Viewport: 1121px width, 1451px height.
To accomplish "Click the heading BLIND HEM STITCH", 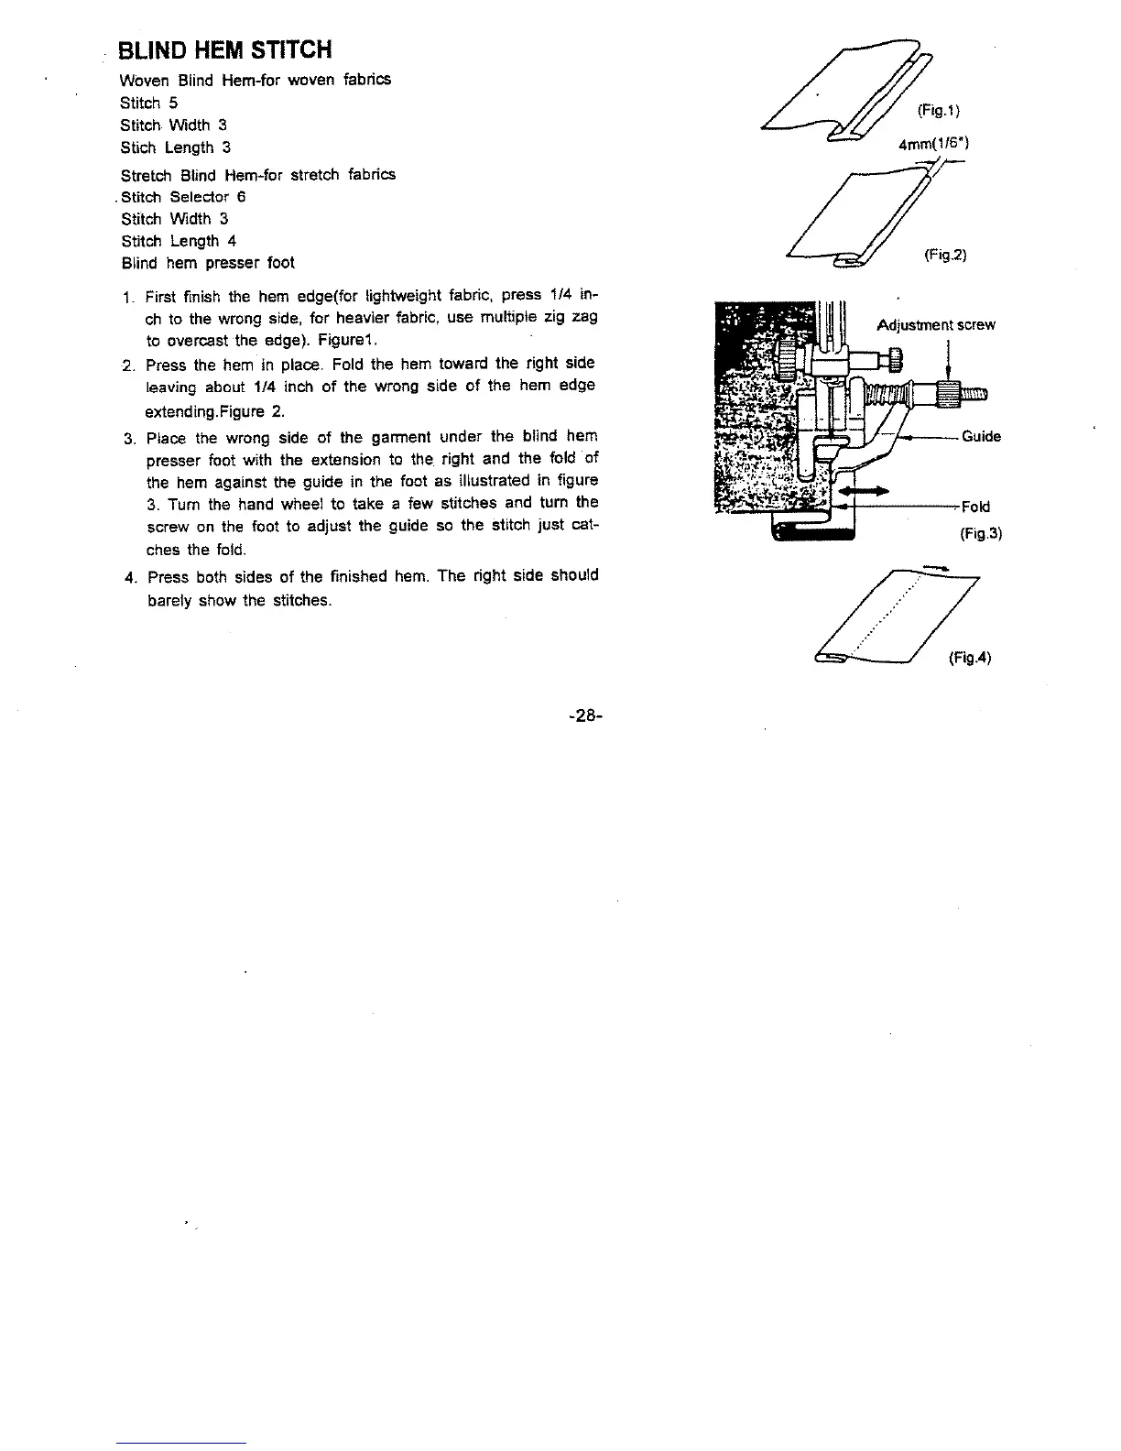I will (x=225, y=49).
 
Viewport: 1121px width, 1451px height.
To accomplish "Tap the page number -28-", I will (x=582, y=714).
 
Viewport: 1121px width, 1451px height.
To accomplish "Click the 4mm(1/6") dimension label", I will (x=934, y=144).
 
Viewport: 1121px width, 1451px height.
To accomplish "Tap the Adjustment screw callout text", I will (x=935, y=325).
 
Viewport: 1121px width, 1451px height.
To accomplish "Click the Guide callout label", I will (x=981, y=437).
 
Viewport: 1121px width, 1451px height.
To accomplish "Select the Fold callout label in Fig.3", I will (x=975, y=507).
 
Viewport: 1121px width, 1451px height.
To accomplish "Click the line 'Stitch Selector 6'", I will (x=183, y=197).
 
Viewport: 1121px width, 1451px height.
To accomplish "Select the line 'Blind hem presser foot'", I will (x=208, y=263).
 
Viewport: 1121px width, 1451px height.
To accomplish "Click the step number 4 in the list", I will (x=128, y=577).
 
